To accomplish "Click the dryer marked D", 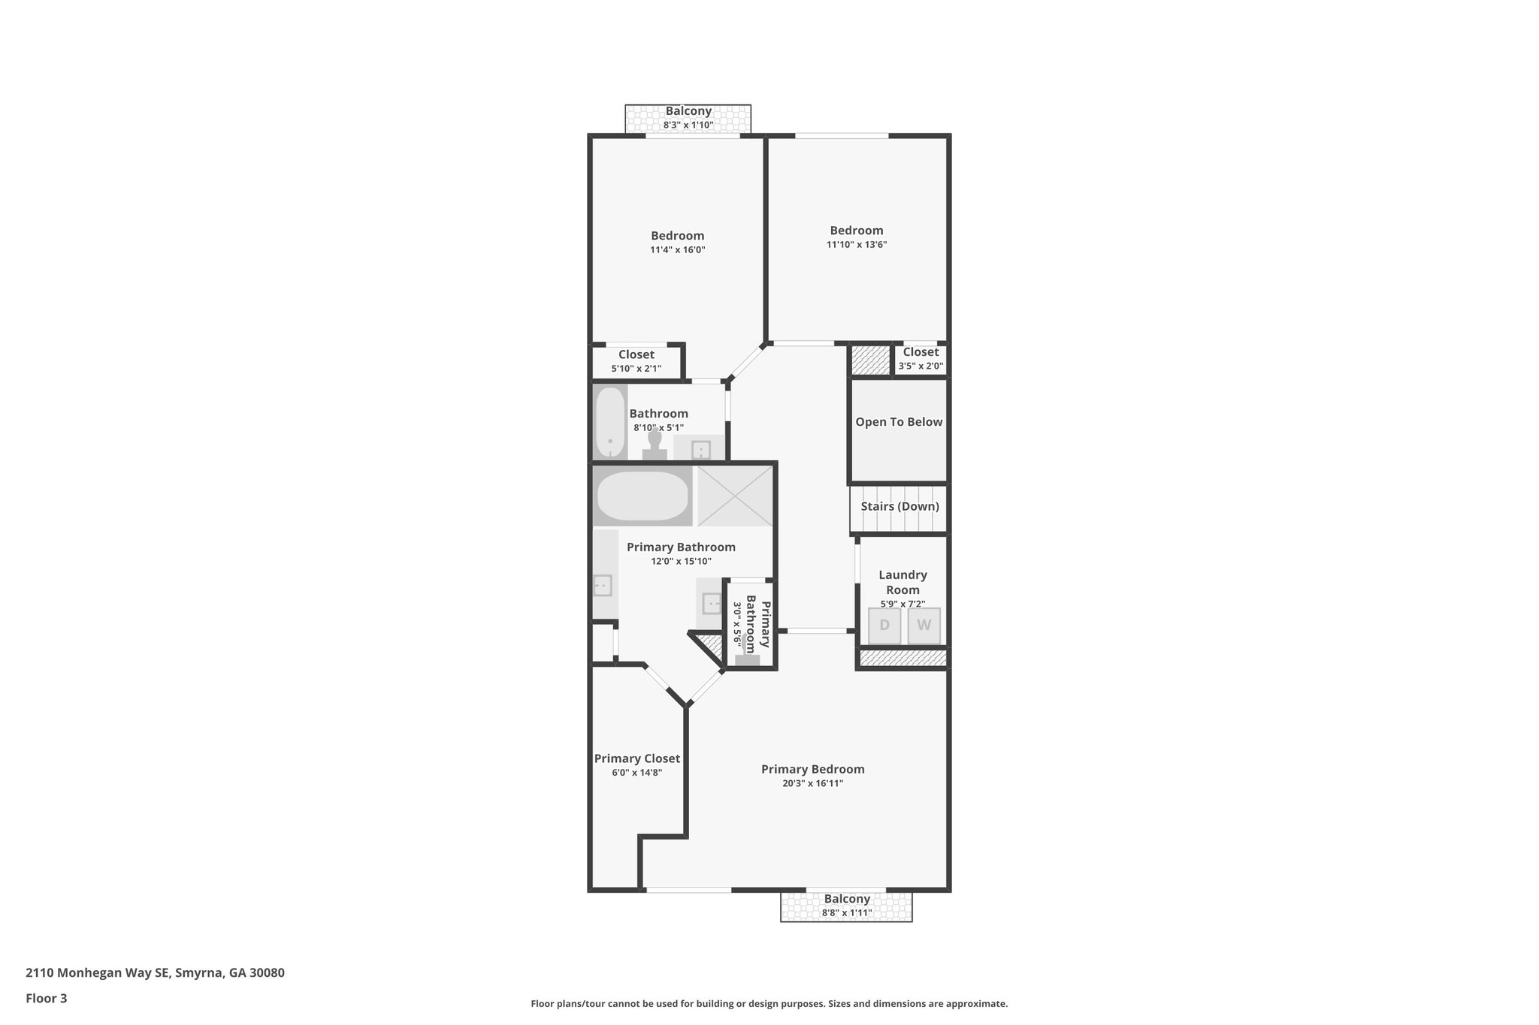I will click(884, 626).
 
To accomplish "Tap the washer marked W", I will click(924, 626).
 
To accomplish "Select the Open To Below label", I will click(899, 422).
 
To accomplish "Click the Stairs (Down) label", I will click(900, 506).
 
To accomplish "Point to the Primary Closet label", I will click(636, 758).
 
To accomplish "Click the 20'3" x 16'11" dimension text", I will click(812, 783).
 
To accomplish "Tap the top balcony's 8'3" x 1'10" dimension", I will click(688, 125).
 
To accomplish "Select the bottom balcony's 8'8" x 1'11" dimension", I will click(846, 913).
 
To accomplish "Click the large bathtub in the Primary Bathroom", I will click(642, 496).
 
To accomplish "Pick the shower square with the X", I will click(734, 496).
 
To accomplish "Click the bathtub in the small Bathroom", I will click(610, 422).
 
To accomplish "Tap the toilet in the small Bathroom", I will click(655, 447).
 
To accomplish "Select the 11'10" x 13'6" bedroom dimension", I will click(857, 244).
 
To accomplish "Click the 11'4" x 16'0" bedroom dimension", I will click(677, 249).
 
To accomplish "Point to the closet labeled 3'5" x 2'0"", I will click(921, 359).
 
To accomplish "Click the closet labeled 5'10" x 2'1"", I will click(636, 361).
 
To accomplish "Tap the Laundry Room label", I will click(903, 582).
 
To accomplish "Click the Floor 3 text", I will click(47, 998).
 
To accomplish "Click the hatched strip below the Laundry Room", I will click(903, 659).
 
